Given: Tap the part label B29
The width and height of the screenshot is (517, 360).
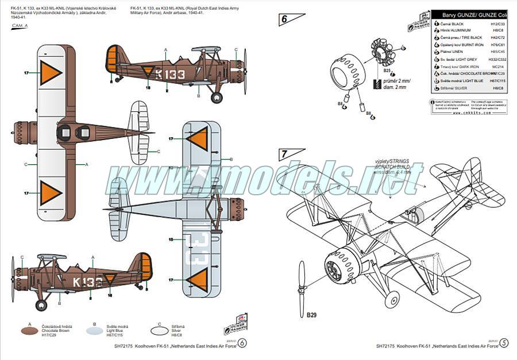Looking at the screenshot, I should coord(311,315).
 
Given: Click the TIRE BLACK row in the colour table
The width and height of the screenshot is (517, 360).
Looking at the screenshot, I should coord(465,37).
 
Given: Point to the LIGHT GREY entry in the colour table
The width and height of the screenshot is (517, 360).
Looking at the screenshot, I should coord(465,59).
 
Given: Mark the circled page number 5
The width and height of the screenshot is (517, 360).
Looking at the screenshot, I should coord(504,343).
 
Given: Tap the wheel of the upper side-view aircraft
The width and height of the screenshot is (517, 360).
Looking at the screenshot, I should coord(217,98).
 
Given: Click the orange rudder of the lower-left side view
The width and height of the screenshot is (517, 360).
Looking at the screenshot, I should coord(146,269).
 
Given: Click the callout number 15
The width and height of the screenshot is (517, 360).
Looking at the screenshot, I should coord(171,239).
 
